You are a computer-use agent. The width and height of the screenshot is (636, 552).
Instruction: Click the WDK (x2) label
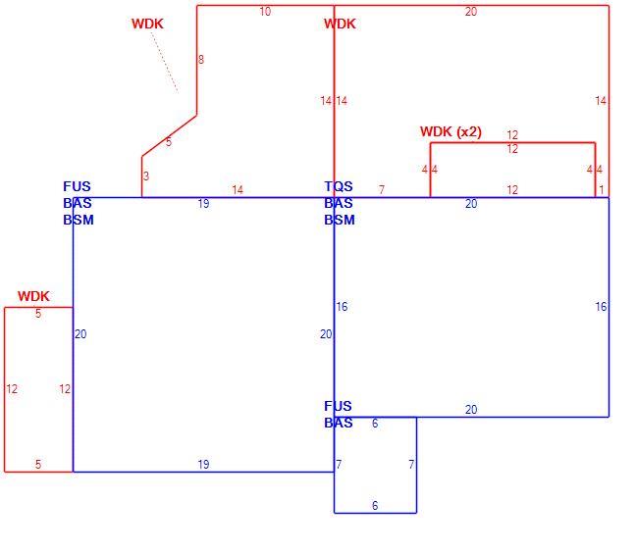[450, 131]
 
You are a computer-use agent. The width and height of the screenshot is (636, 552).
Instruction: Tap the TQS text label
[339, 186]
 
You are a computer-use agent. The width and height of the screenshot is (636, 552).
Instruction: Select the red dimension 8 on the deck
[201, 60]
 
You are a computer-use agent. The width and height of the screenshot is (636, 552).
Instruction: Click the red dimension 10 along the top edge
[265, 12]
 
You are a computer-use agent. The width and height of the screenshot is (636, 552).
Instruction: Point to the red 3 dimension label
[146, 176]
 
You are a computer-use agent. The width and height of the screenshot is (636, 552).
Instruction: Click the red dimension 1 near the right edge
[602, 189]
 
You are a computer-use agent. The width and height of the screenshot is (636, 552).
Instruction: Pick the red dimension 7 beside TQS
[381, 189]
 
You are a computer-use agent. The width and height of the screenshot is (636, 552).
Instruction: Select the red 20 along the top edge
[471, 12]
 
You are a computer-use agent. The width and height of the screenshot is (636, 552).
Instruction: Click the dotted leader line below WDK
[165, 62]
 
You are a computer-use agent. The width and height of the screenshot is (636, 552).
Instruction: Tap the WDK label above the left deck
[33, 296]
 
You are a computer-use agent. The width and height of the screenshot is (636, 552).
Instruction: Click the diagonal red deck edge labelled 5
[169, 135]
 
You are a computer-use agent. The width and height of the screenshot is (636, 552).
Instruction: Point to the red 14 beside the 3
[238, 189]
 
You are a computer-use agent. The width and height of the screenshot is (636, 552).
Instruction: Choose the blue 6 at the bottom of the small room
[375, 505]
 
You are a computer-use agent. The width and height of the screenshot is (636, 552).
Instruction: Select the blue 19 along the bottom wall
[203, 465]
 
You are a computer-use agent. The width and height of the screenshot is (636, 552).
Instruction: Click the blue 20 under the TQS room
[471, 409]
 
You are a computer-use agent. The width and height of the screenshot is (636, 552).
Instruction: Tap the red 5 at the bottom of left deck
[38, 464]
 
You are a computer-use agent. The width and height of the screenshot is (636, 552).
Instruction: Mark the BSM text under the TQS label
[340, 220]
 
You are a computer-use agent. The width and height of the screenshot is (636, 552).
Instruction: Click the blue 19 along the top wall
[203, 204]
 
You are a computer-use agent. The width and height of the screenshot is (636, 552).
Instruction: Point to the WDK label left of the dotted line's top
[147, 24]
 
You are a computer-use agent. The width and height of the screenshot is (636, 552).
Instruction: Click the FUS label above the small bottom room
[338, 406]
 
